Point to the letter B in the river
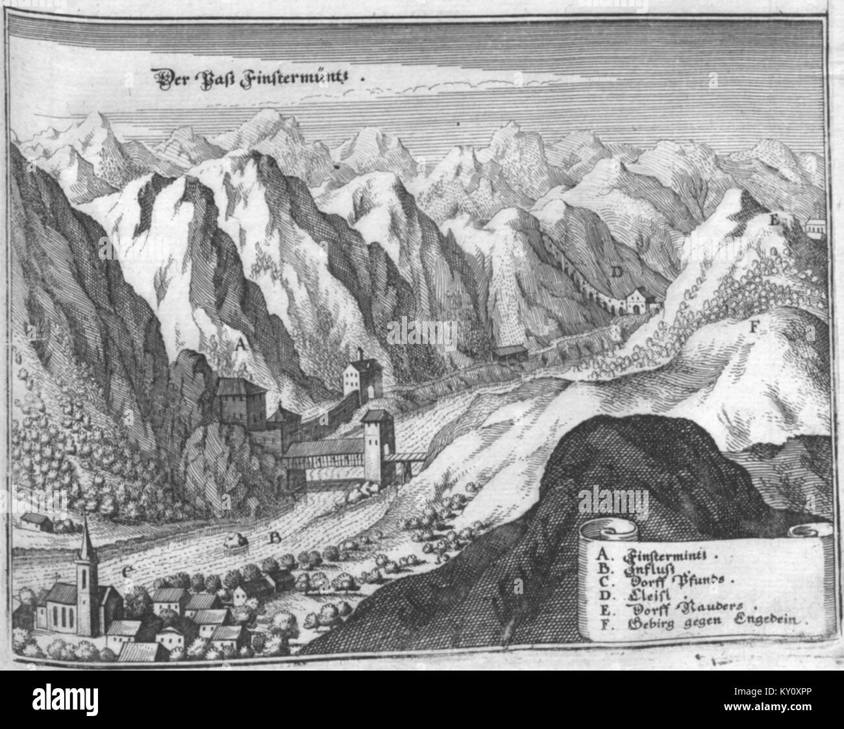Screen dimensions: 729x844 coord(275,537)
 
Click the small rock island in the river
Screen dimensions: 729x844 coord(236,539)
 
